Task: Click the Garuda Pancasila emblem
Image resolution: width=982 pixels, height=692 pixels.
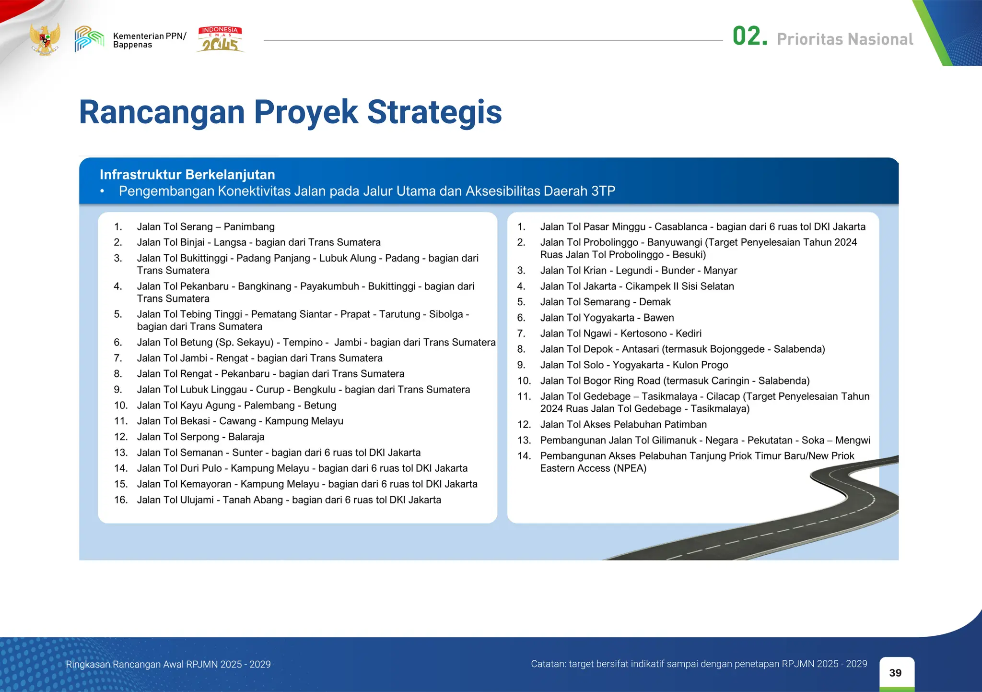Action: coord(45,39)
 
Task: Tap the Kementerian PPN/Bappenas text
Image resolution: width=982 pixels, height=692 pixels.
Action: coord(149,40)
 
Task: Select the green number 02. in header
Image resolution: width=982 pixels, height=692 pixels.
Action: coord(749,36)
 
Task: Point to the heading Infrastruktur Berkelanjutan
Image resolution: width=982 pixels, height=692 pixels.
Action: coord(187,175)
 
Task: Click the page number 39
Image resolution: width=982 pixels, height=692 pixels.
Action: coord(895,673)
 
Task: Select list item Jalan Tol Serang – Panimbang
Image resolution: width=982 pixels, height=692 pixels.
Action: coord(205,227)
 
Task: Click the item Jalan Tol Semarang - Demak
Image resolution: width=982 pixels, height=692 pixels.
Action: coord(605,302)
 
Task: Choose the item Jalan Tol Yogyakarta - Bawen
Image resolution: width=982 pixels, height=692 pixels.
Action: coord(607,318)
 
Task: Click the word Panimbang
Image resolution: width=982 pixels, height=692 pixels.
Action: coord(249,227)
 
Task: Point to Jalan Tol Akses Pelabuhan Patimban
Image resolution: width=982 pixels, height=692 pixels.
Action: coord(623,424)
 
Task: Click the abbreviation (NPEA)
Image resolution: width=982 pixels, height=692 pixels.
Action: coord(630,468)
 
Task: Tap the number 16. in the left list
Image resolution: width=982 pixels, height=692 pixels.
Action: coord(120,500)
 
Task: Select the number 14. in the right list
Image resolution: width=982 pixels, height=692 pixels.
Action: coord(524,456)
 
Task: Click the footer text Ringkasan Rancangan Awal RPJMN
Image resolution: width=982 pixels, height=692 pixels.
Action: coord(168,664)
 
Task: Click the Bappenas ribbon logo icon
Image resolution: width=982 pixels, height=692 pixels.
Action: coord(89,39)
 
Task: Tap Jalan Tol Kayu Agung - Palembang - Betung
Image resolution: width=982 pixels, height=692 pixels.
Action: coord(236,405)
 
